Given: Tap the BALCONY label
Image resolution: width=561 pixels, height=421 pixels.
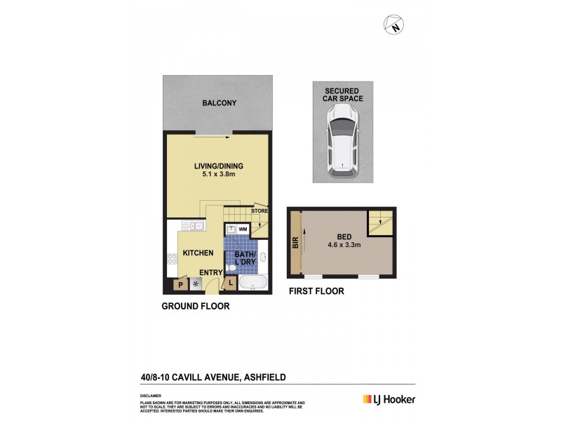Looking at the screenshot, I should [x=219, y=103].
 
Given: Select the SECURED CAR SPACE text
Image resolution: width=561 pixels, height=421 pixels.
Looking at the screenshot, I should [x=342, y=95].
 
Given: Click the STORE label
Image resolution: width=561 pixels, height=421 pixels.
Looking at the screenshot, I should [x=259, y=209].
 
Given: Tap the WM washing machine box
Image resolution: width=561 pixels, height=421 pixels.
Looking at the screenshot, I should [x=242, y=229].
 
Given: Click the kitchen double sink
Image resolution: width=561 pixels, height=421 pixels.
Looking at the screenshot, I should [x=193, y=226].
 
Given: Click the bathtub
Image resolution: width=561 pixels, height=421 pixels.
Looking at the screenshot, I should [x=252, y=283].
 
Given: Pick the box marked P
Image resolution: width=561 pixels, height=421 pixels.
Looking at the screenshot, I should [x=180, y=284].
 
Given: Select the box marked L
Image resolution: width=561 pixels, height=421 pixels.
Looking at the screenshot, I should [x=231, y=283].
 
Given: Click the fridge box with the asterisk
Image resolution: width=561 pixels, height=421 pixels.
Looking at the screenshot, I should [x=196, y=284].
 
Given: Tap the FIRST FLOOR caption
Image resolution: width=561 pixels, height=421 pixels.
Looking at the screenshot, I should [x=316, y=291].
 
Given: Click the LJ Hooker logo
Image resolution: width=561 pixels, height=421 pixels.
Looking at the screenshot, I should [x=389, y=399].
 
